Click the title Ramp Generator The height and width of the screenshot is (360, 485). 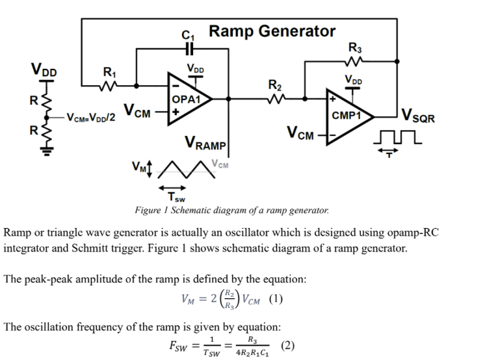click(272, 31)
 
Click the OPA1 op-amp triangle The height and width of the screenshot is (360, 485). click(189, 99)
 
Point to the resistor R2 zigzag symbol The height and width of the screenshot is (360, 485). click(276, 99)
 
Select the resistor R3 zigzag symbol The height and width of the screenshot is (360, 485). click(355, 62)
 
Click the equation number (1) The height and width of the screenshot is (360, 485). click(273, 300)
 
